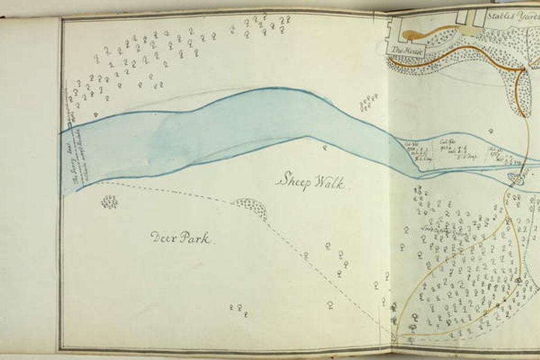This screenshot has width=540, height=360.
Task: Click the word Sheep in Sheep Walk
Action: click(x=292, y=181)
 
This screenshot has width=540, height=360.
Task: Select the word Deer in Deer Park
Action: click(x=162, y=237)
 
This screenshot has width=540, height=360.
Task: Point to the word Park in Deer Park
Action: click(x=195, y=238)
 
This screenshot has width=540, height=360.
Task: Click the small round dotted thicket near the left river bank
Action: click(x=109, y=201)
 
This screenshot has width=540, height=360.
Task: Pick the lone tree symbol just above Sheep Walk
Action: click(x=325, y=148)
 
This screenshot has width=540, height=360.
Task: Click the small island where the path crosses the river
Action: click(x=516, y=179)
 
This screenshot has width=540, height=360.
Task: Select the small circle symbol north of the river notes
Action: click(x=490, y=130)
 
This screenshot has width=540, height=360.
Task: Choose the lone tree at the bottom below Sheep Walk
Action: click(x=330, y=305)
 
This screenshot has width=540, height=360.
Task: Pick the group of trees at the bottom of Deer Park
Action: click(x=239, y=309)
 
